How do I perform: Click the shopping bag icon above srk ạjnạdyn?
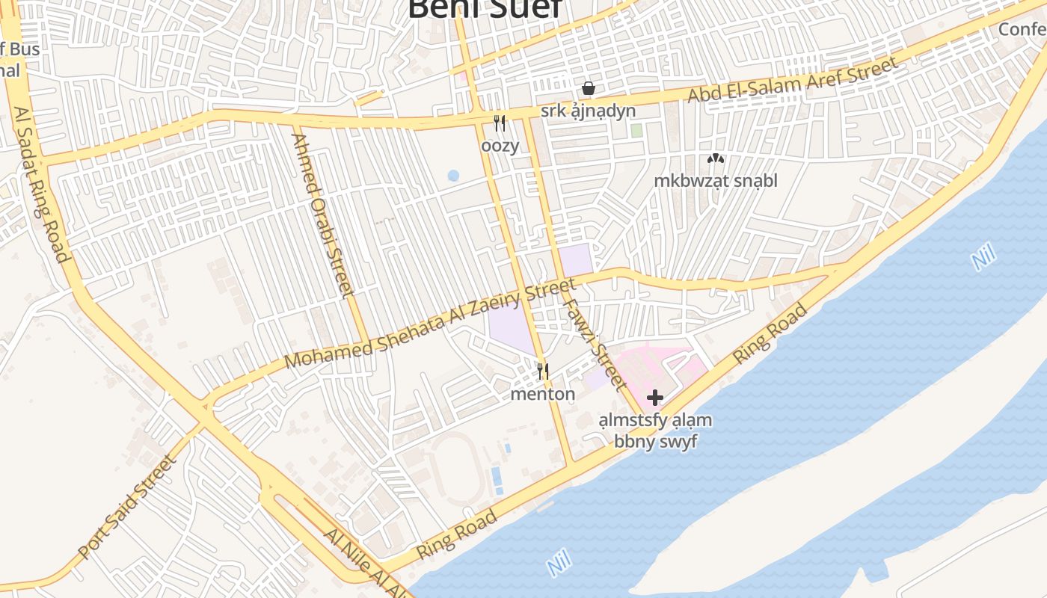589,88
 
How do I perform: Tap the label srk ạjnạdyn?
589,111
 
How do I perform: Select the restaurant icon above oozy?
500,123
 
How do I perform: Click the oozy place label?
500,145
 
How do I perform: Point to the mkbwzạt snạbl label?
716,180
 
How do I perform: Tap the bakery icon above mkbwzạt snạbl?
716,158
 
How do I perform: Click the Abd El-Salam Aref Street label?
793,81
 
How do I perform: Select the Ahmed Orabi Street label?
322,215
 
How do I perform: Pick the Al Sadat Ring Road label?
42,184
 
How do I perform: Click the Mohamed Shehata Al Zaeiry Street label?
431,323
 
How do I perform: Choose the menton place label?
543,394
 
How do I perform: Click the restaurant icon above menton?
543,371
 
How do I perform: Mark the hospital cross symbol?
655,398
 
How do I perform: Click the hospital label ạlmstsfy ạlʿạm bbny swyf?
655,431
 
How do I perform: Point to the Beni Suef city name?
485,9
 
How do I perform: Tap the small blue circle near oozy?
453,176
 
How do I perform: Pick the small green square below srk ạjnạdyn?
636,131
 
